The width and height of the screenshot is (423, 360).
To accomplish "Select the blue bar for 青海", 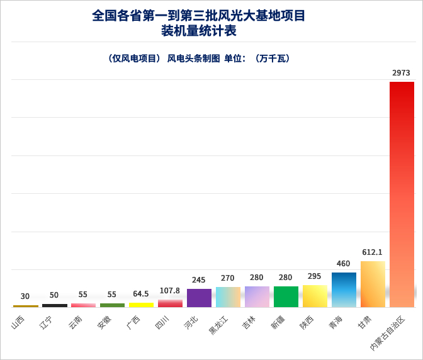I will [344, 290].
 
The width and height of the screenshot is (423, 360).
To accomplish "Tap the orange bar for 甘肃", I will [373, 284].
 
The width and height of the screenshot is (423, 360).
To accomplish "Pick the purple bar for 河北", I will [199, 298].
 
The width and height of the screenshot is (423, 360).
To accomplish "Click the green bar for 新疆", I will [286, 296].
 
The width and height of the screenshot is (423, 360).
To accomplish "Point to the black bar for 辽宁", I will [54, 305].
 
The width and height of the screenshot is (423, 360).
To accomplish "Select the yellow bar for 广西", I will [141, 305].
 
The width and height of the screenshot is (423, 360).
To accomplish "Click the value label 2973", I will [401, 73].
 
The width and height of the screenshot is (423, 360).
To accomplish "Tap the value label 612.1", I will [372, 252].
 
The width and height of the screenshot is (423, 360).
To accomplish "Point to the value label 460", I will [343, 264].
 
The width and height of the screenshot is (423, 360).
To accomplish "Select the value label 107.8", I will [170, 291].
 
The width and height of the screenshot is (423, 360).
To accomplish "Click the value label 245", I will [199, 280].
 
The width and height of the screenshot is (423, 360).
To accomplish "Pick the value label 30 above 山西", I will [25, 296].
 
